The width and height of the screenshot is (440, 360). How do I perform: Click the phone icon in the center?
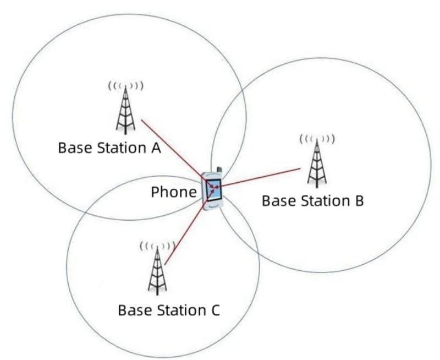[x=213, y=190]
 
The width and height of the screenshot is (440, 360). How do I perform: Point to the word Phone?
[x=173, y=192]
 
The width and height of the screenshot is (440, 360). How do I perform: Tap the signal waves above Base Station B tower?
[x=316, y=139]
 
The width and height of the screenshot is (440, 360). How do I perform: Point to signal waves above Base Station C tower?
[x=156, y=245]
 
